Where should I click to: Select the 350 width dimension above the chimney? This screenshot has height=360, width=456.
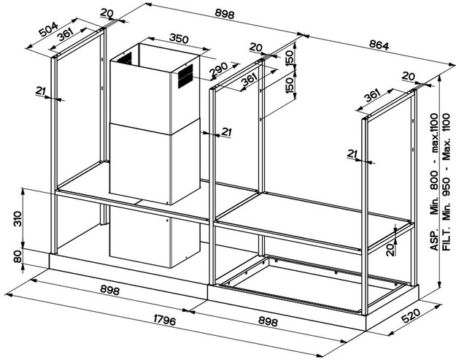[158, 37]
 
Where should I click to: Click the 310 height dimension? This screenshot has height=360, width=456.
[27, 218]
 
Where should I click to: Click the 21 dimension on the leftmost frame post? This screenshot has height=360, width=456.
[40, 90]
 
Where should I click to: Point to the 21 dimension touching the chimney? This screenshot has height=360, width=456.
[226, 131]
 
